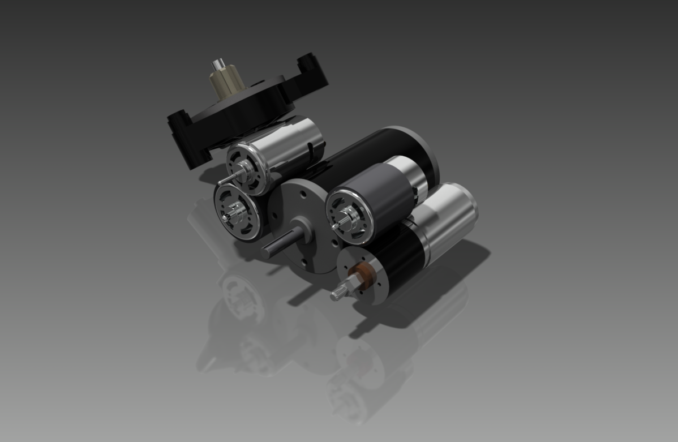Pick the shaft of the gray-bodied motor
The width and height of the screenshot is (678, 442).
[336, 226]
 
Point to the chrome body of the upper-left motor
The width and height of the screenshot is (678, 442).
[286, 147]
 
